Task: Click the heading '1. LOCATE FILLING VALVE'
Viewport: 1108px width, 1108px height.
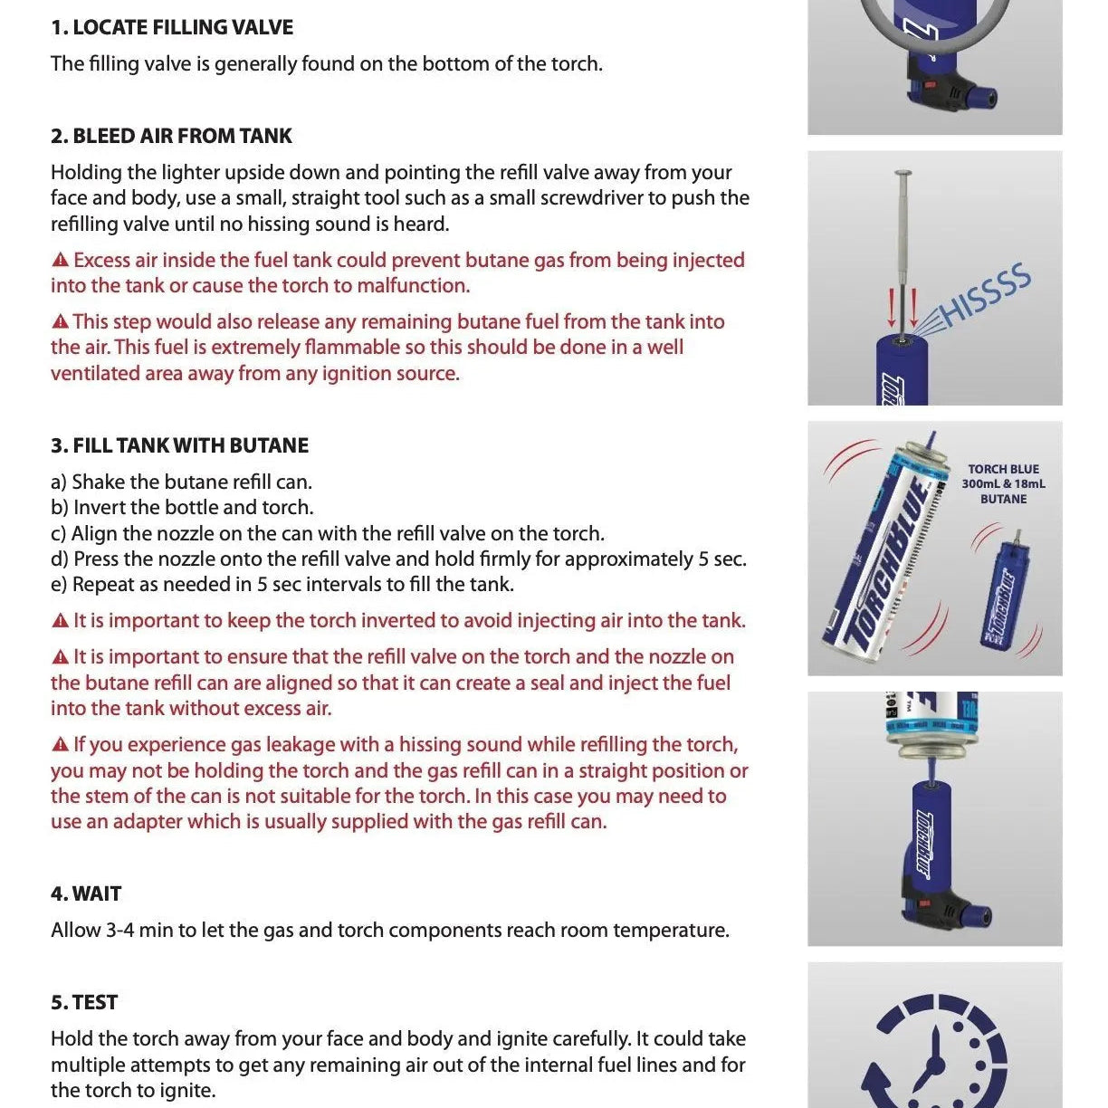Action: coord(172,27)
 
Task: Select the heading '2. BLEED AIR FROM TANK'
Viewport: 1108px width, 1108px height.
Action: coord(171,136)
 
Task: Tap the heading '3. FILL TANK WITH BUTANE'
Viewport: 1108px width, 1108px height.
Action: coord(179,445)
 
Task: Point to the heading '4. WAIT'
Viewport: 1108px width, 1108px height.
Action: coord(86,893)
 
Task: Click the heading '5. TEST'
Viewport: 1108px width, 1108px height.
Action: coord(84,1002)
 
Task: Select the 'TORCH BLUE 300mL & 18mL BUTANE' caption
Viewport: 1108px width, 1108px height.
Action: coord(1003,483)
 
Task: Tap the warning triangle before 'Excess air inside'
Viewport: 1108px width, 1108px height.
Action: coord(61,261)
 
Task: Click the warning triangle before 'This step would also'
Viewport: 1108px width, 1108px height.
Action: coord(61,322)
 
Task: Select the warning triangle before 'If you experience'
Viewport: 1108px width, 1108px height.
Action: coord(61,745)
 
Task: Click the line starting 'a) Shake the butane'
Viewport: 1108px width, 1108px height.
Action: coord(181,482)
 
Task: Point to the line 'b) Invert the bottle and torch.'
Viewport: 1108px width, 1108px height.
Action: coord(182,507)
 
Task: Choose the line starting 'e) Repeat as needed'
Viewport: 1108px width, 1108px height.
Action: coord(282,585)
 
